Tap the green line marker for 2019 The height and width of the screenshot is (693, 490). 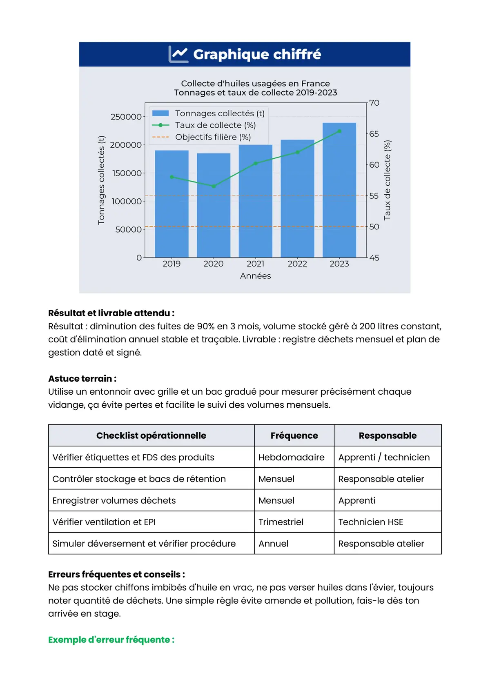172,177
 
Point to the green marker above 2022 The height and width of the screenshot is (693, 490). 298,152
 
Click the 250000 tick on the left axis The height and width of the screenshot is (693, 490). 126,117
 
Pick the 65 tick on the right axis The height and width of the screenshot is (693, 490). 374,134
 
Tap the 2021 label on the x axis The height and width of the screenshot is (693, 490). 256,264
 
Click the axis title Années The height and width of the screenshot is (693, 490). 256,276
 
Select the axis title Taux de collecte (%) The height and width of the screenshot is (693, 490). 387,180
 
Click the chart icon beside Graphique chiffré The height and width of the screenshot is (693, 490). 178,54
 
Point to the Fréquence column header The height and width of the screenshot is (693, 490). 294,435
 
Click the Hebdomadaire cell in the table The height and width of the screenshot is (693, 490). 292,457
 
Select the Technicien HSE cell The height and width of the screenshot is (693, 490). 371,522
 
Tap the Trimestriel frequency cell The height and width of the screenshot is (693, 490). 281,522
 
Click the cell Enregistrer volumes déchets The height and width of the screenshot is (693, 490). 114,500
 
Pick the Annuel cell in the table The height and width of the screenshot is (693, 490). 274,544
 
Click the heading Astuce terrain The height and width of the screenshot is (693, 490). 82,378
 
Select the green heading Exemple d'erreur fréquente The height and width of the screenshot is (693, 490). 111,640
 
